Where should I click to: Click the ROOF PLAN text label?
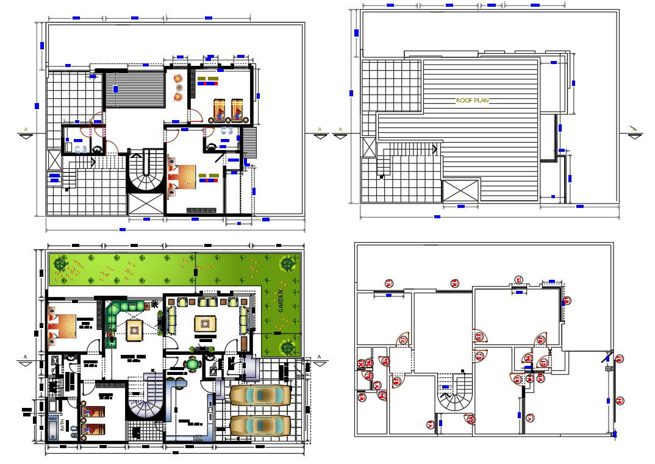(473, 101)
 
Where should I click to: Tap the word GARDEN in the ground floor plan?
(281, 301)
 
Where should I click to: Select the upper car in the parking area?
(260, 396)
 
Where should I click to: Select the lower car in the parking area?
(260, 425)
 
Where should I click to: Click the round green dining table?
(193, 365)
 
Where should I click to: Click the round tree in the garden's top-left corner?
(60, 265)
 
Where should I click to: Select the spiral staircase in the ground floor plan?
(146, 404)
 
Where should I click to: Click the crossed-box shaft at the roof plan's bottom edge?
(460, 190)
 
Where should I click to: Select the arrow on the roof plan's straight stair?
(382, 175)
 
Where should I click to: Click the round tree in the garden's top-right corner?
(287, 264)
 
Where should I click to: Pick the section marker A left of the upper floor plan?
(25, 131)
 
